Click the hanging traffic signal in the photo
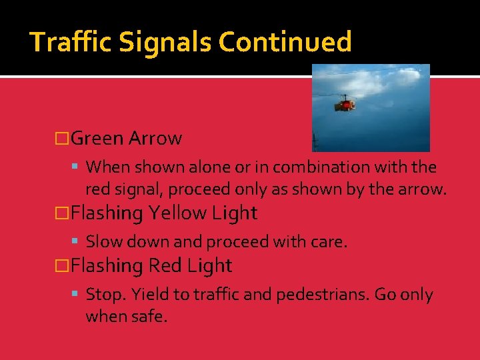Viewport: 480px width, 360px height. point(344,103)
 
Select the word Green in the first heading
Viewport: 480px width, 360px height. point(97,139)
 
